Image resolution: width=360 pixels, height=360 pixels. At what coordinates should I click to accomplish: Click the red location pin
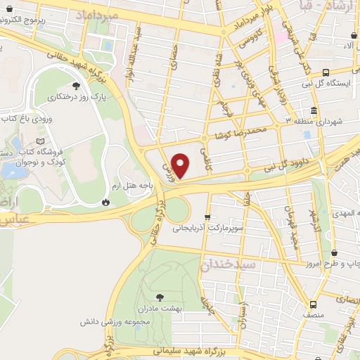[181, 166]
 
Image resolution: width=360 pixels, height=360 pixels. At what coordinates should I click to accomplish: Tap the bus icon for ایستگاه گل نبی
[326, 72]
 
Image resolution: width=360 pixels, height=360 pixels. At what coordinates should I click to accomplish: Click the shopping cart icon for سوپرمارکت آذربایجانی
[207, 217]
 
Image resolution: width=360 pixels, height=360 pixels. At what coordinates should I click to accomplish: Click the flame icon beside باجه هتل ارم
[105, 202]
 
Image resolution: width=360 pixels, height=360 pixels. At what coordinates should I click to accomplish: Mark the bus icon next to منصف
[313, 304]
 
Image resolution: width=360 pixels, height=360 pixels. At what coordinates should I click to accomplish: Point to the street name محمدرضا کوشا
[243, 131]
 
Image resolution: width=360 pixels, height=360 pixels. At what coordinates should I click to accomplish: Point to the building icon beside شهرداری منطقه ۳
[312, 110]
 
